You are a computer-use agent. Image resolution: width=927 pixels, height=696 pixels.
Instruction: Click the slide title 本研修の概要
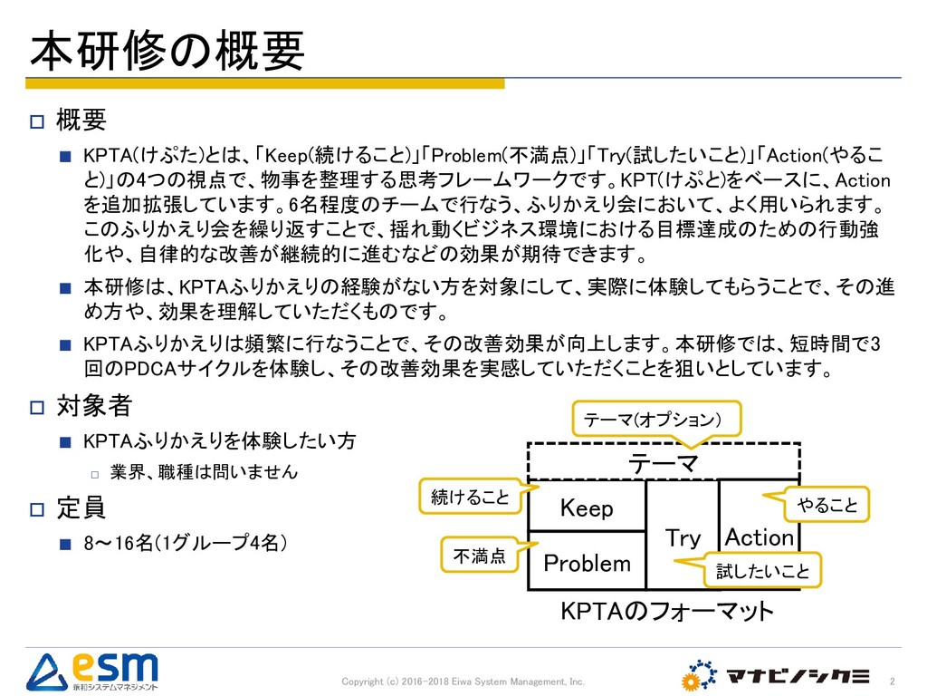(167, 52)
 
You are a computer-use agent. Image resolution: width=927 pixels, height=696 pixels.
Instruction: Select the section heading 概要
(81, 119)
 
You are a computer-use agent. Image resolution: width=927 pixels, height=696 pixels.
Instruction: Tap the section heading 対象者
(94, 403)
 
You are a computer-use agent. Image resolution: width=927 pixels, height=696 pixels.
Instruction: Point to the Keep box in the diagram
(587, 508)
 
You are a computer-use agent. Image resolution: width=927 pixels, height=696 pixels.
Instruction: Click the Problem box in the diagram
(587, 564)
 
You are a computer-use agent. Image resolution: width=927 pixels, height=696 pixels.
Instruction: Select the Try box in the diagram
(683, 537)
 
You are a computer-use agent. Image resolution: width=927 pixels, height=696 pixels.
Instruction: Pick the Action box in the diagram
(759, 537)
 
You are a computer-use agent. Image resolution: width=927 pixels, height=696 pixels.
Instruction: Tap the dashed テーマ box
(664, 463)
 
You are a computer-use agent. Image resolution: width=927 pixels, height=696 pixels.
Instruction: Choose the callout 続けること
(470, 497)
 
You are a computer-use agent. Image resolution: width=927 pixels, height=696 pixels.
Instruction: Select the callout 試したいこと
(762, 572)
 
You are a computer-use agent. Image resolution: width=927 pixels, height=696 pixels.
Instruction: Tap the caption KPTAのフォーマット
(668, 611)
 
